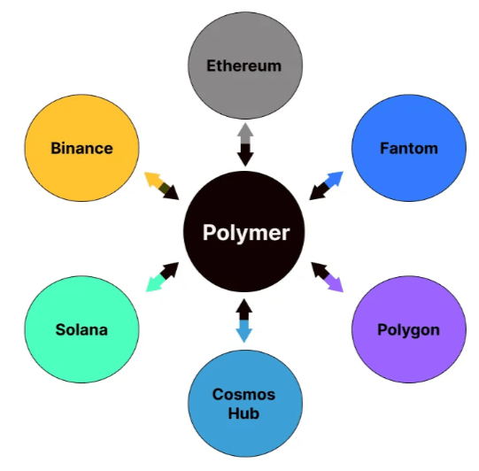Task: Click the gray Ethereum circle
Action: (245, 66)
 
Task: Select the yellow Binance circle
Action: (81, 148)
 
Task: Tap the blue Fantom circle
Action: (409, 148)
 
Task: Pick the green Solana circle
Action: (81, 329)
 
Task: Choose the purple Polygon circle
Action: (409, 329)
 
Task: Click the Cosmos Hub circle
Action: (245, 404)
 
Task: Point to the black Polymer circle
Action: (244, 232)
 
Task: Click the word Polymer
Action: (246, 234)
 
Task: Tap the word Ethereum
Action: (244, 66)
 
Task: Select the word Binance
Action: (81, 149)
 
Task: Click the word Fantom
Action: (409, 149)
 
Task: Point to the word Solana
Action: (81, 330)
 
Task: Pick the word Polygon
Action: (409, 331)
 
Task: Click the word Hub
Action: (243, 413)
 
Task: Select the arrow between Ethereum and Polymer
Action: (245, 144)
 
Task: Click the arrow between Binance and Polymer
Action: (162, 186)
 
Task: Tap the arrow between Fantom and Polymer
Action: (326, 186)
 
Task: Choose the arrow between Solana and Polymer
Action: (162, 277)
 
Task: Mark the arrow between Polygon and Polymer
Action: (328, 277)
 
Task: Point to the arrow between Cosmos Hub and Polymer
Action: (244, 320)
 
